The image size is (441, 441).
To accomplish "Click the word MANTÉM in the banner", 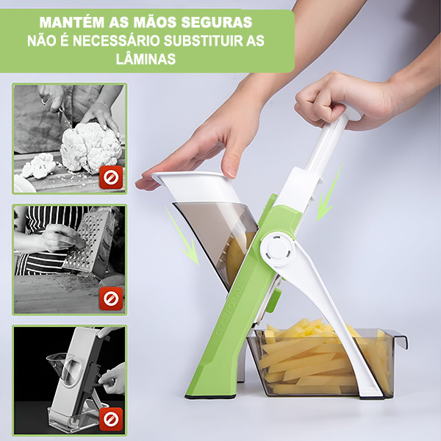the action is tap(72, 23).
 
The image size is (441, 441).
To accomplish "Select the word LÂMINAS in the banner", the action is tap(146, 59).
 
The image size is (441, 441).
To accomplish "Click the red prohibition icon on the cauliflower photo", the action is tap(111, 177).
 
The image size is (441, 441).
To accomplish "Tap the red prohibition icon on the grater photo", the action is tap(111, 298).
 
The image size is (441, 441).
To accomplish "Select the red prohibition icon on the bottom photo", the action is tap(111, 419).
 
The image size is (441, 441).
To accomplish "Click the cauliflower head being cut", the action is tap(90, 147).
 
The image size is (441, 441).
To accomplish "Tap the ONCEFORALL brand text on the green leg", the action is tap(229, 311).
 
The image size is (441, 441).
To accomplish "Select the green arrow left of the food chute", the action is tap(182, 236).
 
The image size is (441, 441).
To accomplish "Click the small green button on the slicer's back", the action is tap(273, 300).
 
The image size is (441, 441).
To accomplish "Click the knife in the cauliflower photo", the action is tap(63, 115).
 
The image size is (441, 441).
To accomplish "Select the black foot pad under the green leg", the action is tap(210, 397).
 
